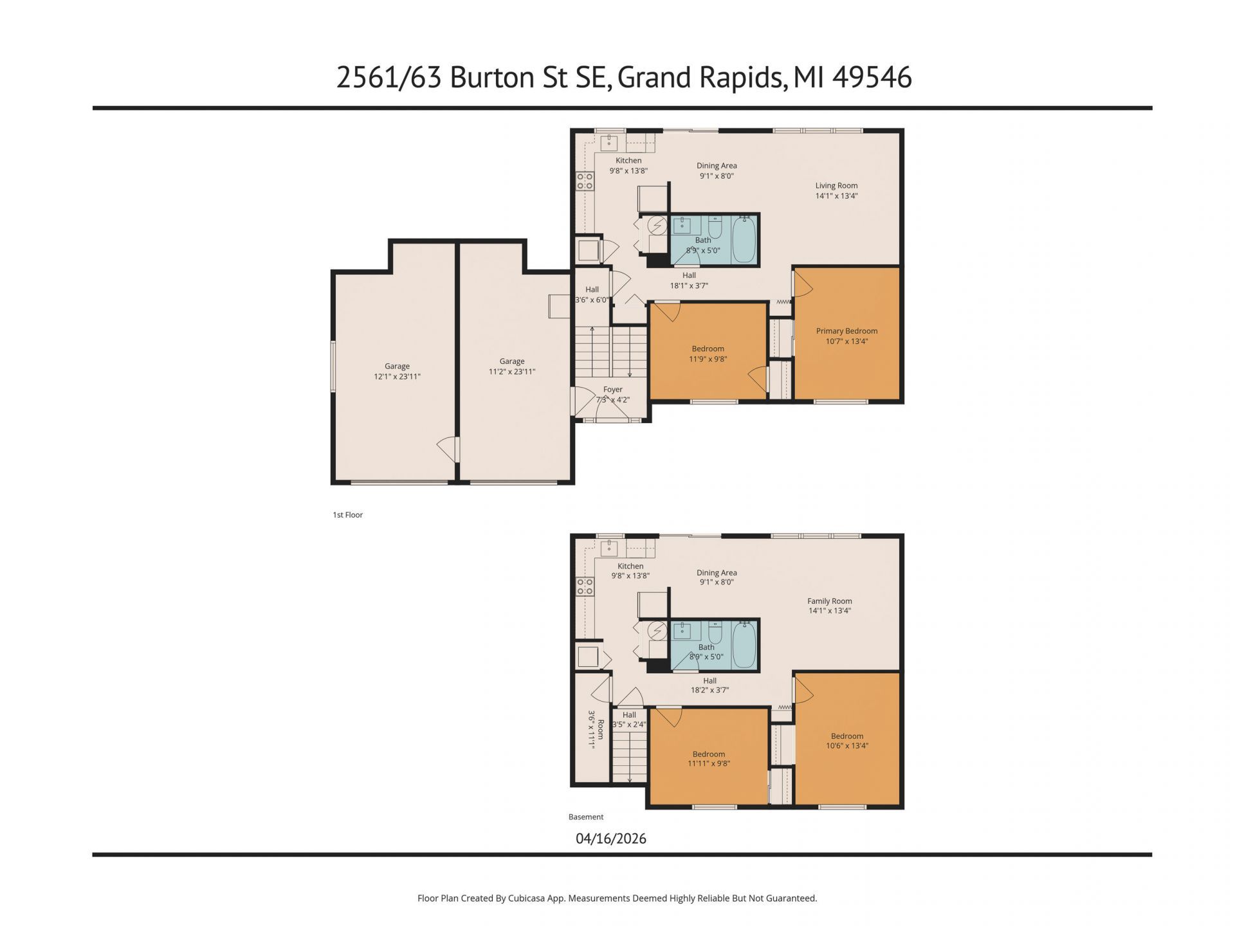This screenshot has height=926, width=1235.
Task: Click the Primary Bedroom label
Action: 846,331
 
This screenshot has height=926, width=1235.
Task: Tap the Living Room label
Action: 836,186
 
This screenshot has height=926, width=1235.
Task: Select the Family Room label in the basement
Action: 830,601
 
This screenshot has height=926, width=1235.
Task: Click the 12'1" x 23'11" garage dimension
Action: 397,377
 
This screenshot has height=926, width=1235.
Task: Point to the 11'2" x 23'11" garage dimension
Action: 512,372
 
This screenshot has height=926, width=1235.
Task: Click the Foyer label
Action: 613,390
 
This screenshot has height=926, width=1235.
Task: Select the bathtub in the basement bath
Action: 745,645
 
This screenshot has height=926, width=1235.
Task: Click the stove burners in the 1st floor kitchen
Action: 585,181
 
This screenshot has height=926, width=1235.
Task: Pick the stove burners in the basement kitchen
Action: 585,586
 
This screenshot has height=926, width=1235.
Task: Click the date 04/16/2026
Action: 611,839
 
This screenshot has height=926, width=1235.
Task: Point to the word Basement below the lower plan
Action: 586,817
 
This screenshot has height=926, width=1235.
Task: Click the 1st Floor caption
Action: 348,515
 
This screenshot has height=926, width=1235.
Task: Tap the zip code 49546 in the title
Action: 872,77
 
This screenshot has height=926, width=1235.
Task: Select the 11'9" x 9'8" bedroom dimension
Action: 708,359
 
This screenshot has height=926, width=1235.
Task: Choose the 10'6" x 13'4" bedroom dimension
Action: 847,746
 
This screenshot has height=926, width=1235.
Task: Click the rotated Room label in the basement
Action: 601,729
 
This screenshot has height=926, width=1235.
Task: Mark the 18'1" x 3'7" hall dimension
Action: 689,286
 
